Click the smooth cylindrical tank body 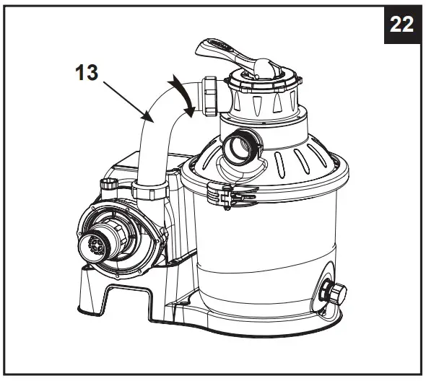pyautogui.click(x=267, y=245)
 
